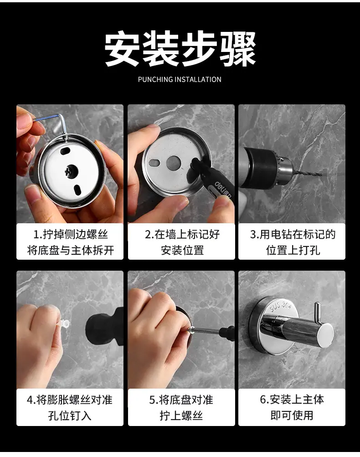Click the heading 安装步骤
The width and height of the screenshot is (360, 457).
pos(180,49)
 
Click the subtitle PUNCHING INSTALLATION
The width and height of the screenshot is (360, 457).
pos(180,79)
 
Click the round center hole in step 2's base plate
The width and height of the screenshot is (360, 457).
pos(174,163)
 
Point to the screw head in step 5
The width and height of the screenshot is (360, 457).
pos(191,329)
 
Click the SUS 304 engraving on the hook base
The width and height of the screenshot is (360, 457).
pos(280,306)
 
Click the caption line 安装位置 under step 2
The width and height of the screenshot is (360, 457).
pos(182,250)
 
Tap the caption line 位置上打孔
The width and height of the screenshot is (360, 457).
pos(293,250)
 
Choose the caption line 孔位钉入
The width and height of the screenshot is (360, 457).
pos(70,416)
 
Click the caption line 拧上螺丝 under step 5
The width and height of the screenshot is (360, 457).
pos(181,416)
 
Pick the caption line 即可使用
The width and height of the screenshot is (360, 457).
pos(292,416)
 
